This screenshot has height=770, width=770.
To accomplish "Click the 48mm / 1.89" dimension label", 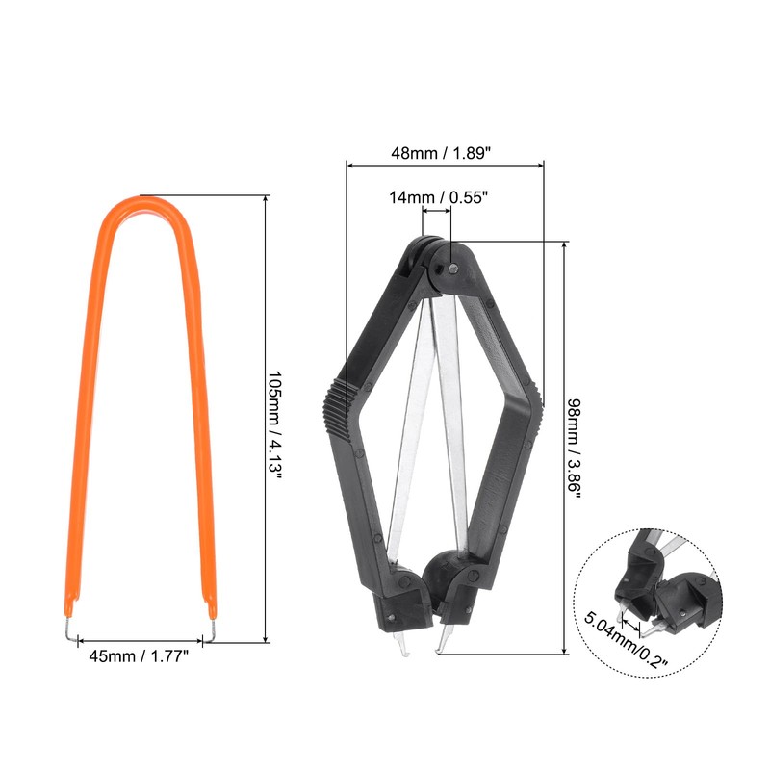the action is tap(441, 153).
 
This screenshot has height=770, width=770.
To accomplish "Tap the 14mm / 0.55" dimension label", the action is tap(439, 197).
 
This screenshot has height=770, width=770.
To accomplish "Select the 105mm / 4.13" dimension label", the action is tap(275, 425).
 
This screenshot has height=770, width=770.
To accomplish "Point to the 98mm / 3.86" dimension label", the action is tap(574, 449).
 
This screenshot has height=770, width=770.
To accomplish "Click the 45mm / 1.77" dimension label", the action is tap(139, 655).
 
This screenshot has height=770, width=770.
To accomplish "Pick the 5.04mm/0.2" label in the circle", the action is tap(626, 640).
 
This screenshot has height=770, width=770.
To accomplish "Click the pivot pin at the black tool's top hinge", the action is tap(453, 269).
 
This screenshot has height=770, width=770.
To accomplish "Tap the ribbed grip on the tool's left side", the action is tap(338, 407).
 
